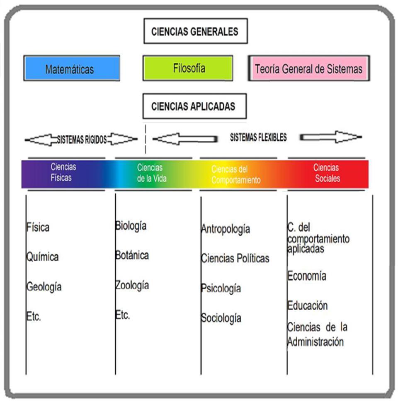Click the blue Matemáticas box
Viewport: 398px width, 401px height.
coord(71,68)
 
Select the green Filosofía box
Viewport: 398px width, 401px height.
coord(188,68)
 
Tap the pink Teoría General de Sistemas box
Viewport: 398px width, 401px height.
coord(308,68)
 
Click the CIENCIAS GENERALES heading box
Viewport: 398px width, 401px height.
coord(195,32)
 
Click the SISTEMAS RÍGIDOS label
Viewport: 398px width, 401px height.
coord(82,140)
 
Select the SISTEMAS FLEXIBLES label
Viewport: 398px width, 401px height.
coord(258,137)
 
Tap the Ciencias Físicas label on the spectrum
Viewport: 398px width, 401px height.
coord(63,172)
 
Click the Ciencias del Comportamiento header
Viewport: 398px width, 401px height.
coord(236,175)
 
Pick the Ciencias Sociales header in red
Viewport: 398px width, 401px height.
coord(327,173)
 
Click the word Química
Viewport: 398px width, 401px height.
coord(43,257)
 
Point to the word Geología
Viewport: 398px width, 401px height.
coord(44,287)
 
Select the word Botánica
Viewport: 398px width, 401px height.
coord(132,255)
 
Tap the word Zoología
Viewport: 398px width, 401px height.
coord(132,286)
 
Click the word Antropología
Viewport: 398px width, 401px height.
coord(226,229)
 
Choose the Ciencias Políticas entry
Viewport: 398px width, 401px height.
coord(235,259)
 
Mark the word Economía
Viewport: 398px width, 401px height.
coord(307,276)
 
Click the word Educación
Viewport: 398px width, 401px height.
coord(308,306)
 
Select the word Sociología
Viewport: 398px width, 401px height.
coord(221,318)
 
